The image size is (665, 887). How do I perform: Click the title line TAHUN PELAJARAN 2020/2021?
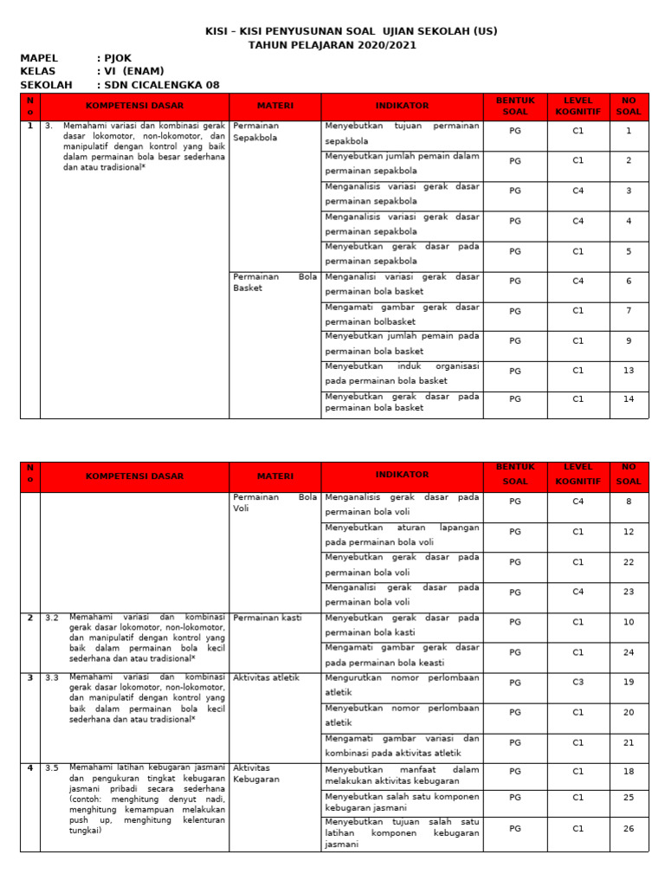click(332, 45)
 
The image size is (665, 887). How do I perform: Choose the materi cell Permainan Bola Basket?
click(274, 282)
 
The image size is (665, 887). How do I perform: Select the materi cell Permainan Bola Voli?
click(274, 503)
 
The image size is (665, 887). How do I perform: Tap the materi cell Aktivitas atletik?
click(266, 677)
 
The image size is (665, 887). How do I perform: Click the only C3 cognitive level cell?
click(578, 683)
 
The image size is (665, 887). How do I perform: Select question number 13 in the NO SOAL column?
click(629, 371)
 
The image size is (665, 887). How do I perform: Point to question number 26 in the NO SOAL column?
click(629, 828)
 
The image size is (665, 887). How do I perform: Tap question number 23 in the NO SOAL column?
click(629, 592)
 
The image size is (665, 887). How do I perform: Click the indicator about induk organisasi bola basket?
click(402, 374)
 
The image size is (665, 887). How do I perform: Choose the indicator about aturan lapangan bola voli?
click(402, 534)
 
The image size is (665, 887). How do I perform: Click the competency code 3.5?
click(52, 767)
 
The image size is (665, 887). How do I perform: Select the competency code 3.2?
click(52, 618)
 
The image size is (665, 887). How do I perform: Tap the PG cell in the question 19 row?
click(515, 683)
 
